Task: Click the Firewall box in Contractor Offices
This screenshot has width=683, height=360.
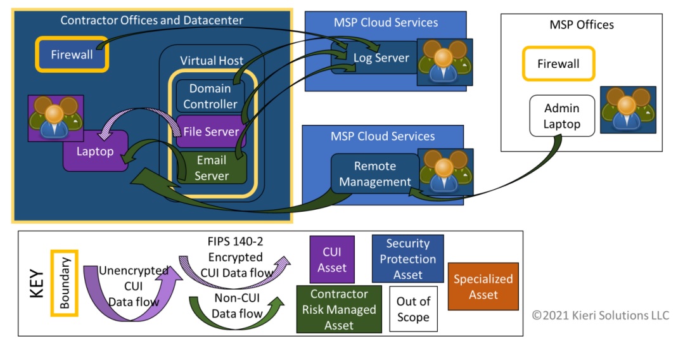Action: coord(72,55)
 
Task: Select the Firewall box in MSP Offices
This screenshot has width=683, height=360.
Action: coord(558,64)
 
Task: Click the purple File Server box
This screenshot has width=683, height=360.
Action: coord(211,132)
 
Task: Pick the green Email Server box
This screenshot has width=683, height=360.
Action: coord(211,168)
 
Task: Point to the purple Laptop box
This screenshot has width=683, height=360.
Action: coord(95,152)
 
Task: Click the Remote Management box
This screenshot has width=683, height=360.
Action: coord(374,174)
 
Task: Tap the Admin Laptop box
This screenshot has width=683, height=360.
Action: coord(562,116)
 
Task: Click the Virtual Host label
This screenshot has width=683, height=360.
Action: coord(212,61)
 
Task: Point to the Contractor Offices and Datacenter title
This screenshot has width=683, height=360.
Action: coord(151,20)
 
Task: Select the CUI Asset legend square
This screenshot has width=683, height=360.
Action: coord(331,259)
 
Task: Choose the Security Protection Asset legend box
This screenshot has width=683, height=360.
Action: coord(407,259)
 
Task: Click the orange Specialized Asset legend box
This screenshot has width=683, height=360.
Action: coord(483,286)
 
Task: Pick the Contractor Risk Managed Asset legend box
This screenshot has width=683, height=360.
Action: coord(339,309)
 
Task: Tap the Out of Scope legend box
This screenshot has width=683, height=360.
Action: coord(413,309)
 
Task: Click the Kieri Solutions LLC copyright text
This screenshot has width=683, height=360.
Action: coord(600,315)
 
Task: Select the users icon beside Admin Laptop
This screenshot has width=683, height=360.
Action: coord(628,110)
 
